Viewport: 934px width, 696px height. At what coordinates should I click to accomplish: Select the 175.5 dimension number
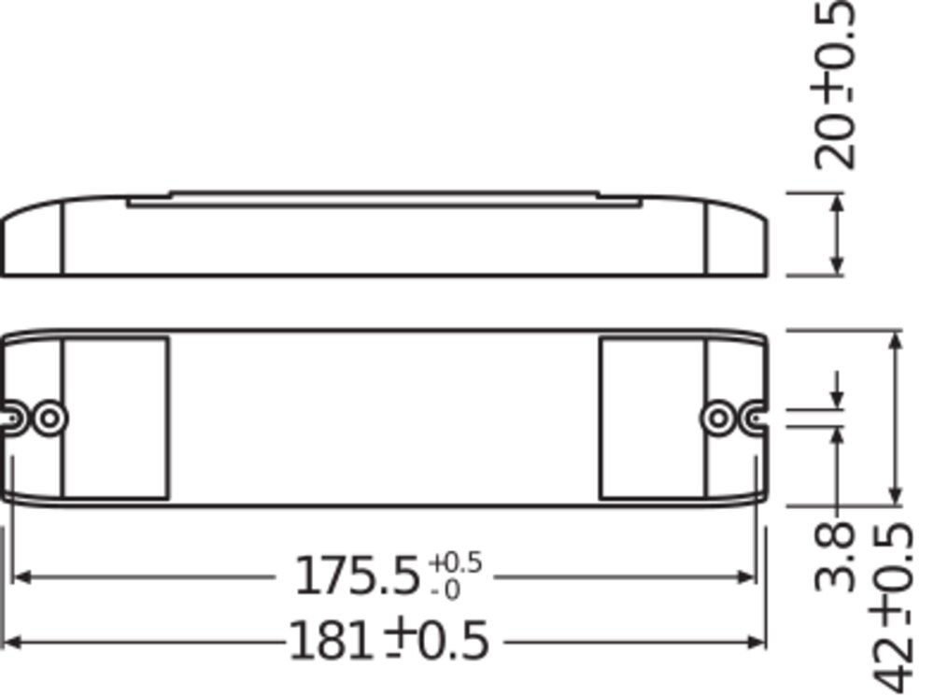(x=358, y=575)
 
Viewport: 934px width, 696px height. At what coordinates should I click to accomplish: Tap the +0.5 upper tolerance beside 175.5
(x=455, y=562)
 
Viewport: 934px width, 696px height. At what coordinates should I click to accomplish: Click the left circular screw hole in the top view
(x=50, y=419)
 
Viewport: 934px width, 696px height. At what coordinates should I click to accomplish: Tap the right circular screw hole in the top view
(x=718, y=419)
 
